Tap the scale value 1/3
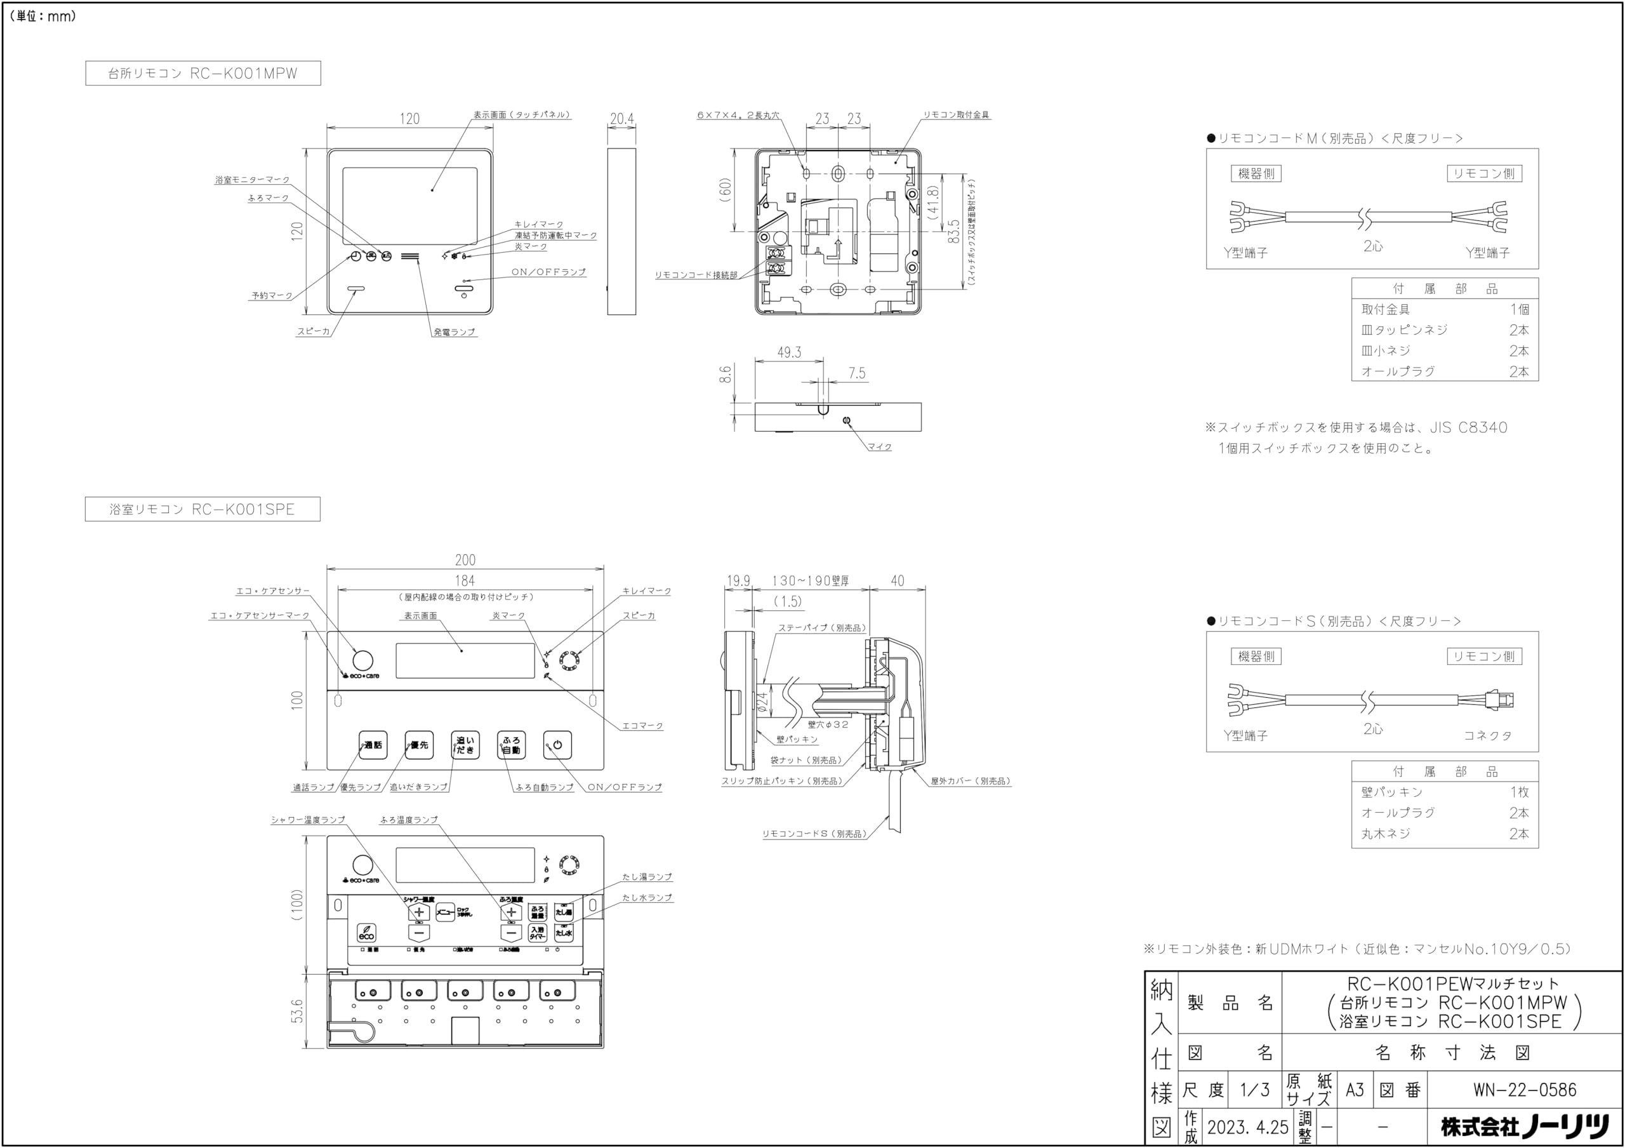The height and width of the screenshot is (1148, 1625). (1255, 1090)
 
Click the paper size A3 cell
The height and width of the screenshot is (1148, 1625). (1354, 1090)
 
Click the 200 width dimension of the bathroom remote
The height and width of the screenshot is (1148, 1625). (465, 560)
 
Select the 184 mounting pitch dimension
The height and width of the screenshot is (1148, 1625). (465, 581)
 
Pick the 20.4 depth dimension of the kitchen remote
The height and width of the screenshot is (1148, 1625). (621, 119)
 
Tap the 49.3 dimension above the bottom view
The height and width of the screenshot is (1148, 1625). (789, 352)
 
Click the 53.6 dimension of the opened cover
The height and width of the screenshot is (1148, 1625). (297, 1011)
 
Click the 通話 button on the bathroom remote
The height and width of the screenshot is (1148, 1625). (373, 745)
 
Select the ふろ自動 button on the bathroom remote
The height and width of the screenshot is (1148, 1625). (511, 745)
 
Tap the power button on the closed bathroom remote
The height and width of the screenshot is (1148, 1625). (558, 745)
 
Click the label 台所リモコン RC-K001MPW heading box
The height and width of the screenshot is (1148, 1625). (203, 73)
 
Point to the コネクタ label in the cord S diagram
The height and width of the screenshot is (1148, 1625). (1488, 736)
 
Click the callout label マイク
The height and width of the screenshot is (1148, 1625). (880, 447)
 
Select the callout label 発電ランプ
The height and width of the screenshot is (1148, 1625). (454, 332)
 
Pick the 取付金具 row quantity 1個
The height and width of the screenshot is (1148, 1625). (1519, 309)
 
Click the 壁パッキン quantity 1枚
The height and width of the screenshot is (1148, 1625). (1519, 792)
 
